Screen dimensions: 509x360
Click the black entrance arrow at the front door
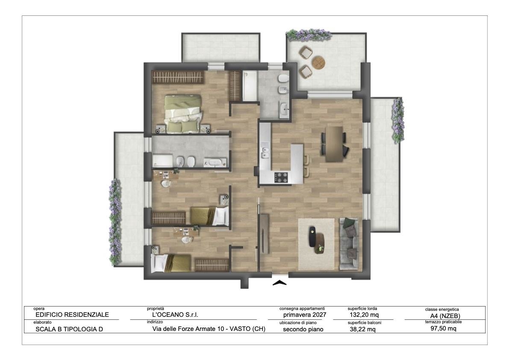coord(280,283)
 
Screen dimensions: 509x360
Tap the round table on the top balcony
coord(318,62)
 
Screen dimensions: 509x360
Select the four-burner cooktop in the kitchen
coord(281,177)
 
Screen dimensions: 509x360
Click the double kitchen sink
coord(265,152)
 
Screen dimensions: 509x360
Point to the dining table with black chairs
coord(334,144)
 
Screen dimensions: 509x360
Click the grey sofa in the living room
coord(349,244)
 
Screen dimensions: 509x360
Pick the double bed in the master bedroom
coord(183,114)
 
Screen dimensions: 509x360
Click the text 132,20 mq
coord(364,315)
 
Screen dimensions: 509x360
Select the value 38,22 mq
coord(362,330)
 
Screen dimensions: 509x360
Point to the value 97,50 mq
coord(443,328)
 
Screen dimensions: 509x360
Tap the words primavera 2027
coord(304,315)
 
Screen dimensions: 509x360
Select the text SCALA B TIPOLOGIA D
coord(69,329)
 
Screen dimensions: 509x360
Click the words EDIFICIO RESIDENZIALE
coord(72,315)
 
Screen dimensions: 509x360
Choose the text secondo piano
coord(303,330)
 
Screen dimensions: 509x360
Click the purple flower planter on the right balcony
coord(398,121)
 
